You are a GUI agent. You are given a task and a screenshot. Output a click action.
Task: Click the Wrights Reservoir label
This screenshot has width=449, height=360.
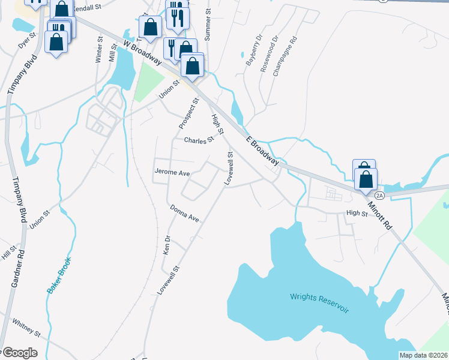click(x=319, y=299)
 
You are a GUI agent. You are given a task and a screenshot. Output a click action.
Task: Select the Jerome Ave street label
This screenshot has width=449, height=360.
click(x=172, y=172)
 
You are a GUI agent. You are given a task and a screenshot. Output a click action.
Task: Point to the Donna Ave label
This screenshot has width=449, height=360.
click(x=184, y=212)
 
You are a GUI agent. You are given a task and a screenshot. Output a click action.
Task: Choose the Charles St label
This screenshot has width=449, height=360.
click(x=199, y=140)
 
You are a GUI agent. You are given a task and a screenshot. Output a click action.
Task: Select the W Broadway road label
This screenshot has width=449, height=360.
click(x=142, y=53)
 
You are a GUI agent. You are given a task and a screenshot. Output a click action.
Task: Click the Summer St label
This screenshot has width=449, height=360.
click(x=208, y=25)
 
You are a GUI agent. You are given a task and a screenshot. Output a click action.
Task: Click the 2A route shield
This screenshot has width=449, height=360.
click(x=379, y=195)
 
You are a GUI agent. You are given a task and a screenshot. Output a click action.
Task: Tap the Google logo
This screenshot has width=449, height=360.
click(x=20, y=353)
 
